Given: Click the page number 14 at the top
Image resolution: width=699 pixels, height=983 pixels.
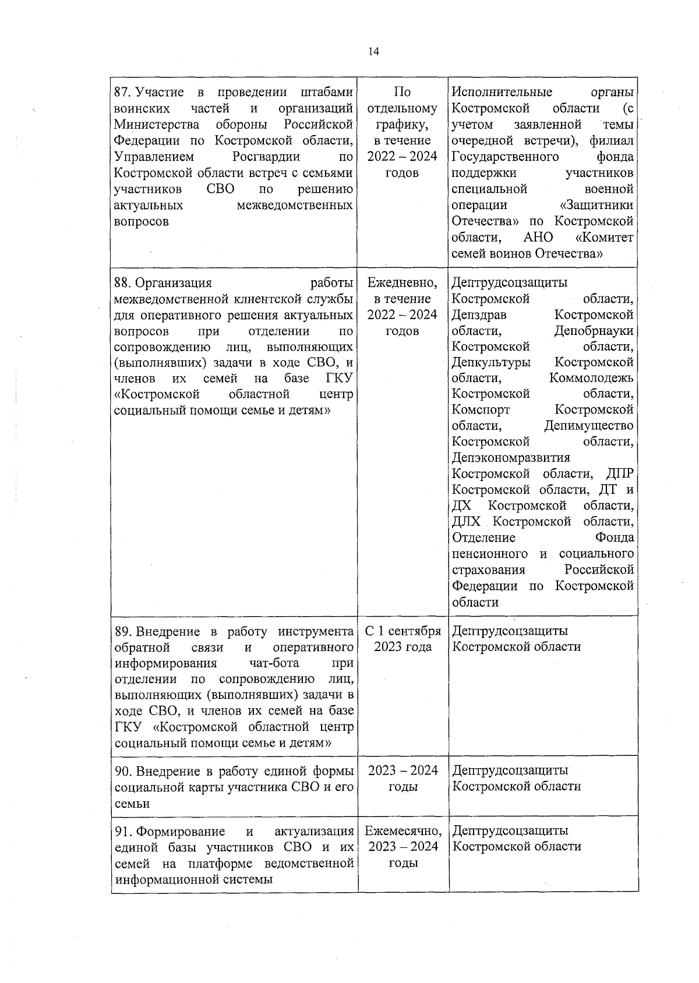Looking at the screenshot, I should [373, 52].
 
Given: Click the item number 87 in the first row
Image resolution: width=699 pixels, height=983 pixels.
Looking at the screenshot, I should [121, 92].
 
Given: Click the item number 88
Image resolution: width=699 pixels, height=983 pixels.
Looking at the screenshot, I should [122, 283].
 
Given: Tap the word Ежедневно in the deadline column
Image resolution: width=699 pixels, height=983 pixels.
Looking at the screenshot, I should [402, 283].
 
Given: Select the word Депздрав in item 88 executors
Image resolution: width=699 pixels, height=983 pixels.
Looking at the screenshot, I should [479, 315].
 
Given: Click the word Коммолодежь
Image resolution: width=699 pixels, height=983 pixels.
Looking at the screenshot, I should [591, 378].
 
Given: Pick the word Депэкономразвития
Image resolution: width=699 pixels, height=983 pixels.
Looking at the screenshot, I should [511, 458].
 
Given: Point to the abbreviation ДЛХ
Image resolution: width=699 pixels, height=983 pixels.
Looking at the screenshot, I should [466, 521].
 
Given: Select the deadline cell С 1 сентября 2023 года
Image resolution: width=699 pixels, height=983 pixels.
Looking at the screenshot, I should [403, 639].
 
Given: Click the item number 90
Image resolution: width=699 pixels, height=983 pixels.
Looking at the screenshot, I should [122, 771].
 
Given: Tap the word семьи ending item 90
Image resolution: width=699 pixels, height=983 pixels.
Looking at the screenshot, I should [132, 804].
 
